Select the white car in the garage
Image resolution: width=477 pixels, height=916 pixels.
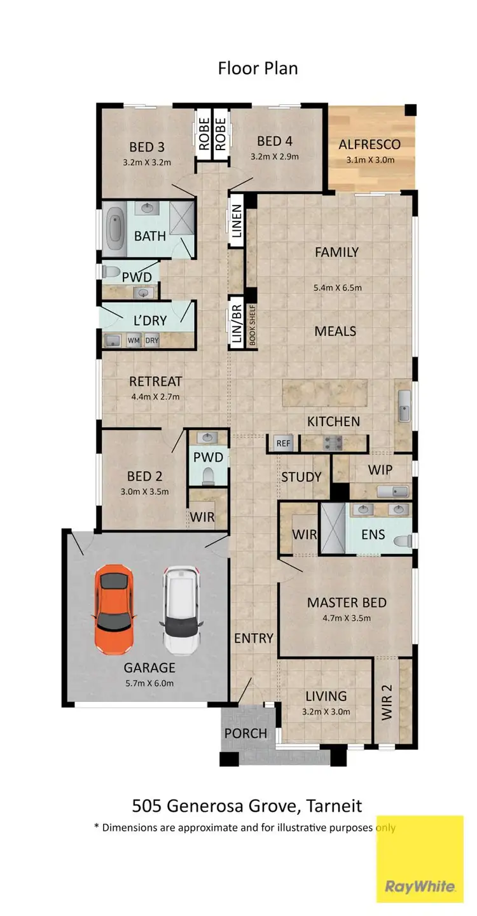182,611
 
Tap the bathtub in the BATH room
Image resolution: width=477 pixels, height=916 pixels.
116,227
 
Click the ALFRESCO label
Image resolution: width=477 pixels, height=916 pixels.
366,144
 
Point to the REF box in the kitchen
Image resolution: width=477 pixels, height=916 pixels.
282,443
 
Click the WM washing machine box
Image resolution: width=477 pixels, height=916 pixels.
134,340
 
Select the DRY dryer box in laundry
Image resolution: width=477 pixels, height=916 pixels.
151,340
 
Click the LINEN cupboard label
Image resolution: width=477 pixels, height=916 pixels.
237,221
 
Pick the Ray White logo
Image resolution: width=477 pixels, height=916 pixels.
420,886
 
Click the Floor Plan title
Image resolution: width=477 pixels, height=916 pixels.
258,68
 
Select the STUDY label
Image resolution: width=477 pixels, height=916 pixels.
301,477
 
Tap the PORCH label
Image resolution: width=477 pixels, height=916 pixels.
245,733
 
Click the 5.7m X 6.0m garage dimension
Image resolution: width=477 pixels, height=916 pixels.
149,683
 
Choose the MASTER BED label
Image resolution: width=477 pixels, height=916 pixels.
347,602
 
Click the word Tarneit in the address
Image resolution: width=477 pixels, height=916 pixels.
333,806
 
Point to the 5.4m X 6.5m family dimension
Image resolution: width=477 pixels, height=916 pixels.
338,288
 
